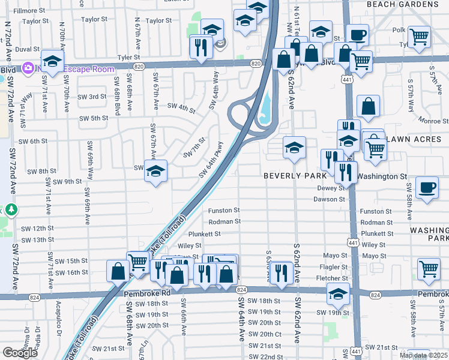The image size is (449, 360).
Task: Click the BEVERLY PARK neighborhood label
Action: click(296, 176)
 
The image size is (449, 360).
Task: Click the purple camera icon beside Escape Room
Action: click(27, 68)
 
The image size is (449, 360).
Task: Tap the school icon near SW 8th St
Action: click(156, 171)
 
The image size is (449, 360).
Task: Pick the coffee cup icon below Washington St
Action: click(427, 188)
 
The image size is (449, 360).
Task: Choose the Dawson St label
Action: click(330, 199)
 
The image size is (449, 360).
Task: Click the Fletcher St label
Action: click(332, 278)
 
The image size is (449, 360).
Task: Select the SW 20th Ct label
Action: click(264, 334)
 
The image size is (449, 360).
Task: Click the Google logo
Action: click(19, 353)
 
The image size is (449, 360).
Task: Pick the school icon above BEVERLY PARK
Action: click(294, 148)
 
